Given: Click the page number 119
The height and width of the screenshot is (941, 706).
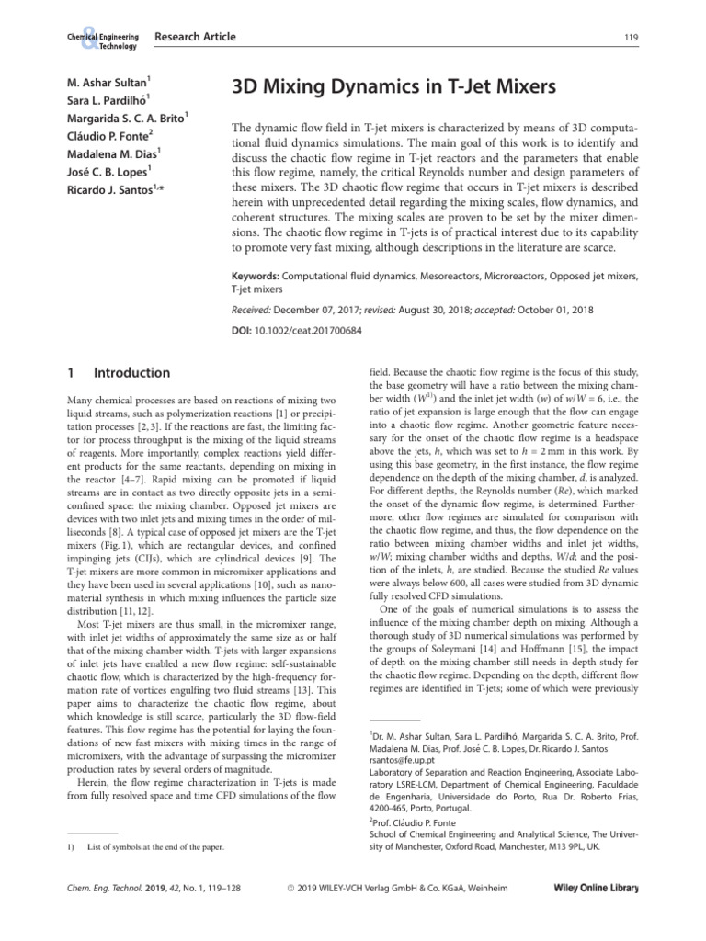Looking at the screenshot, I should (631, 38).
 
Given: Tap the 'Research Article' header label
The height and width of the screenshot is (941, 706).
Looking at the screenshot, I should (196, 37).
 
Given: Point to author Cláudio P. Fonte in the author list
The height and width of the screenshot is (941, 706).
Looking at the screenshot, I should (103, 135).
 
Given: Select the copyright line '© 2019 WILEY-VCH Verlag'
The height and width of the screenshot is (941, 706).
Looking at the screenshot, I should (397, 890).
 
